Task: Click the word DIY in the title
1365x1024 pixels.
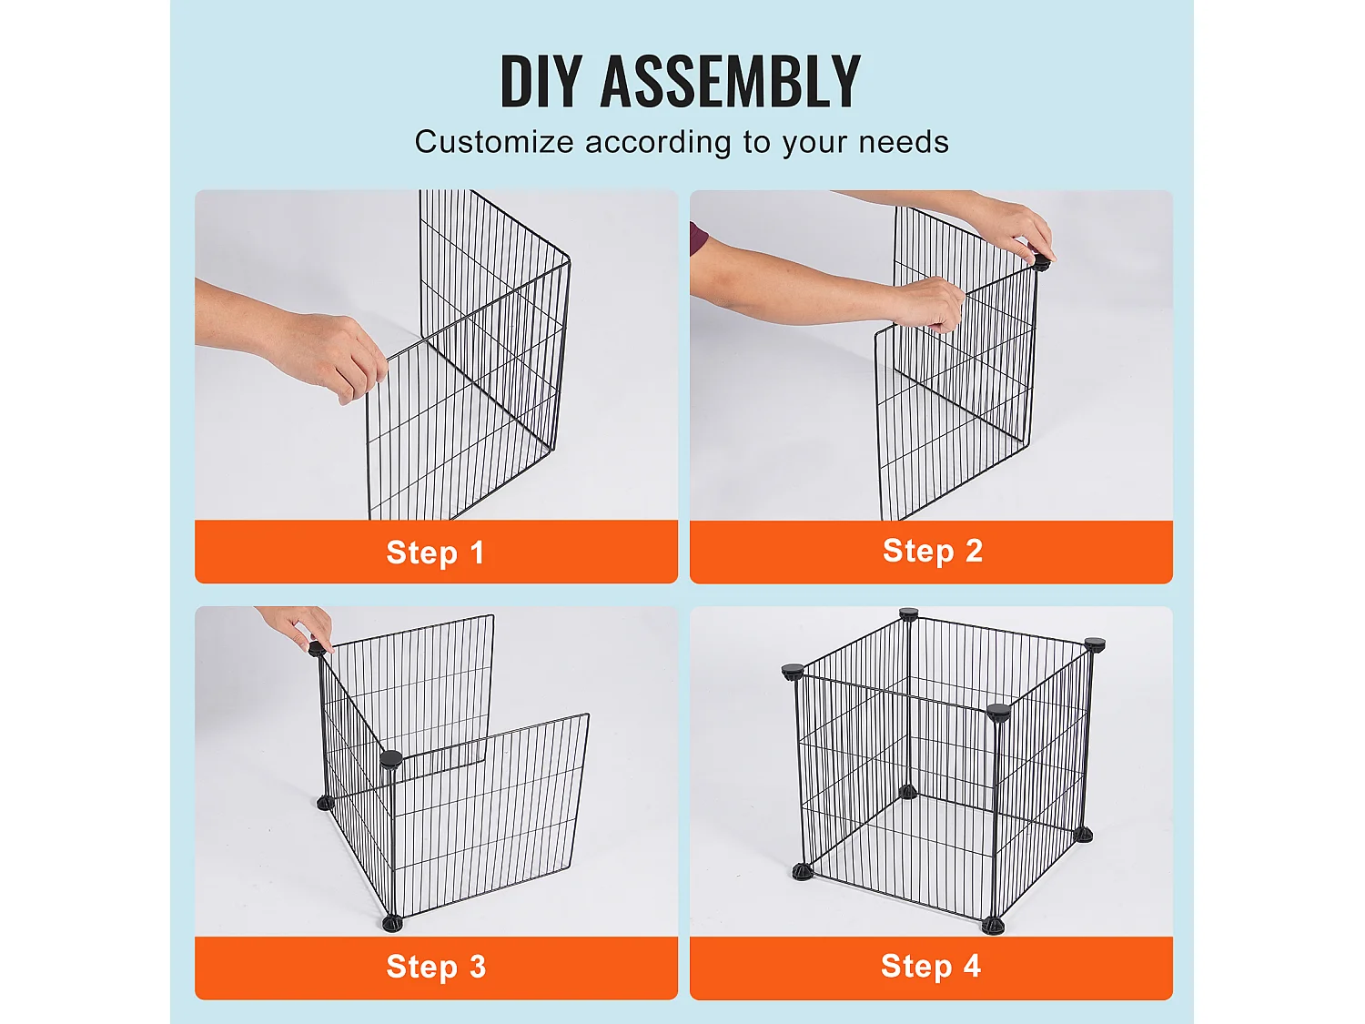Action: click(x=541, y=82)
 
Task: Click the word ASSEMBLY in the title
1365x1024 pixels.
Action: click(x=730, y=82)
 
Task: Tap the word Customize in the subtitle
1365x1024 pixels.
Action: click(x=494, y=142)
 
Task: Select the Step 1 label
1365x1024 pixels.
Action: click(x=436, y=553)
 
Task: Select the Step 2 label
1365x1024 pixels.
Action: click(x=932, y=551)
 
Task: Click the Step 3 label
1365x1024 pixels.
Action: click(x=436, y=967)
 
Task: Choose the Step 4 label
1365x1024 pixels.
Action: click(x=930, y=966)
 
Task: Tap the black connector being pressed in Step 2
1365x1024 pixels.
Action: click(x=1040, y=263)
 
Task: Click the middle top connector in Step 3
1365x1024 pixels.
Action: click(x=390, y=759)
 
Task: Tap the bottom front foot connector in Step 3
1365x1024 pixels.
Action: click(x=391, y=923)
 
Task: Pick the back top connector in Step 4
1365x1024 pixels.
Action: click(x=908, y=615)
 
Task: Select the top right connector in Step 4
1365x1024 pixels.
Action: click(x=1095, y=644)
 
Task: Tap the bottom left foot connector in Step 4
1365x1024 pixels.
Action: click(x=802, y=872)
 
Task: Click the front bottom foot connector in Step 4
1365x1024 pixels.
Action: click(x=993, y=926)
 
